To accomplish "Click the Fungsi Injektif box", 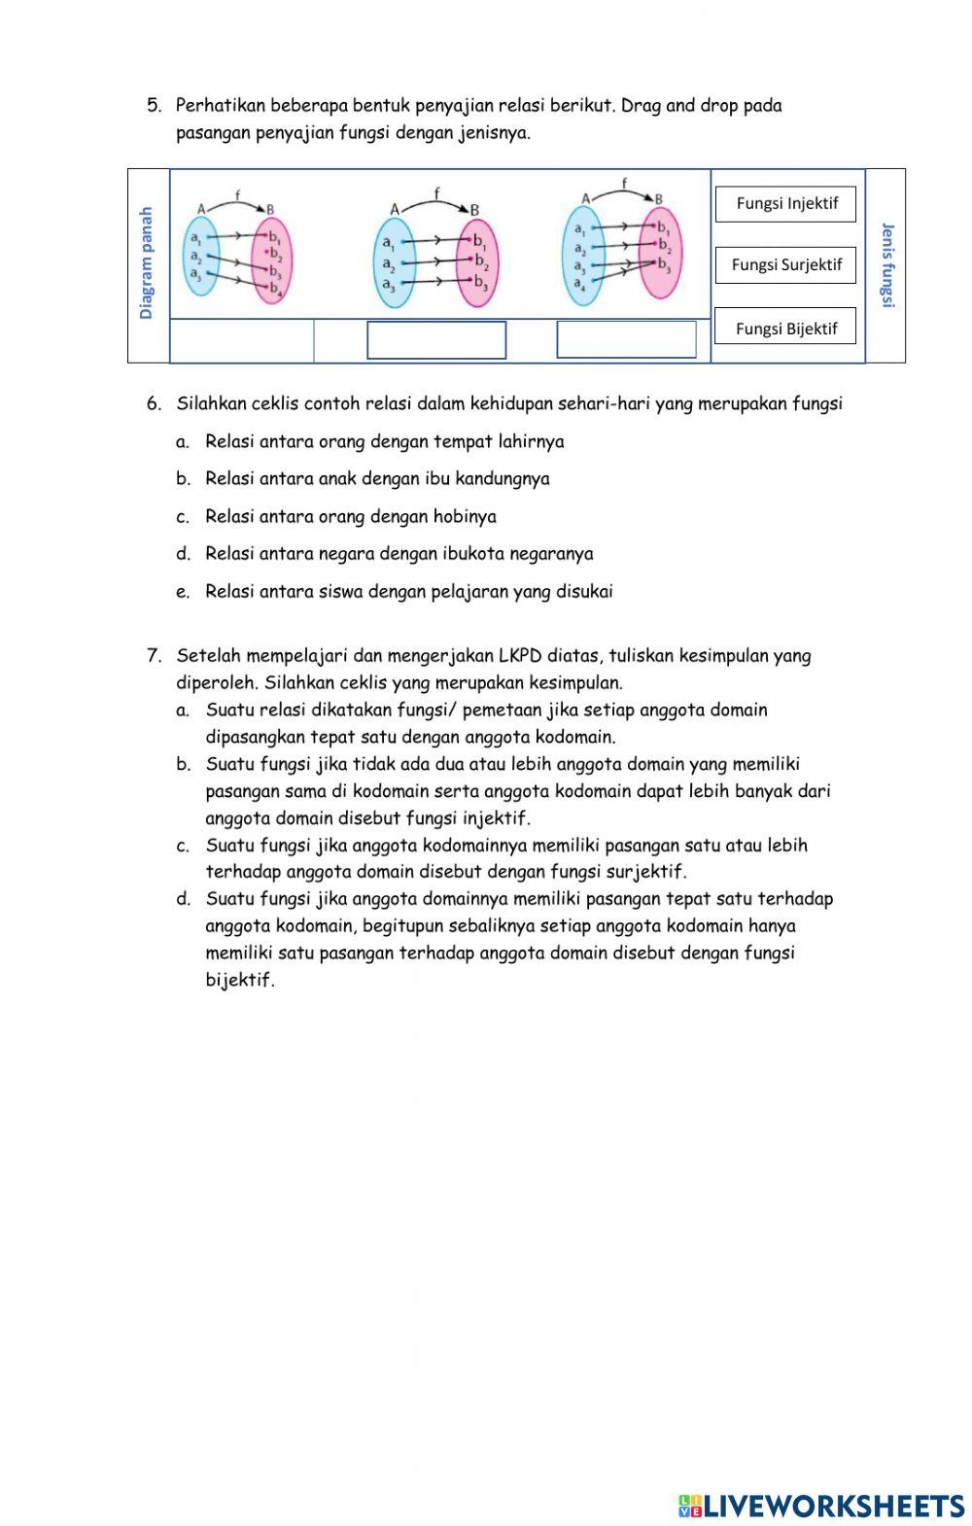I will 786,204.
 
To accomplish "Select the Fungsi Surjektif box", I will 786,265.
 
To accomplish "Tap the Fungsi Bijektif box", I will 786,329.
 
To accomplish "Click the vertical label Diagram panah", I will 147,263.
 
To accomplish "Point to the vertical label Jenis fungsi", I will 886,265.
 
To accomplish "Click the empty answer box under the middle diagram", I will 436,340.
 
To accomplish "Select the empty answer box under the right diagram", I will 626,340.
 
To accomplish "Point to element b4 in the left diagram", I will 275,289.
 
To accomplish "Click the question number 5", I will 154,106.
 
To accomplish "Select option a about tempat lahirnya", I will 384,442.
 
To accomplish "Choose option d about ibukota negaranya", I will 399,554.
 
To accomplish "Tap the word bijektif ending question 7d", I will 240,981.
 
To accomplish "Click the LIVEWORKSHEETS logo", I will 821,1506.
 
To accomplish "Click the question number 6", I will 154,403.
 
